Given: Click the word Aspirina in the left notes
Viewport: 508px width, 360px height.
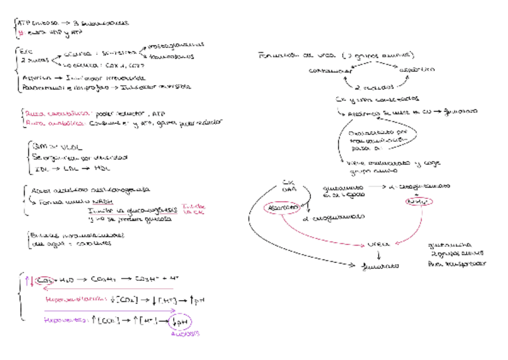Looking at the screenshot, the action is pos(35,78).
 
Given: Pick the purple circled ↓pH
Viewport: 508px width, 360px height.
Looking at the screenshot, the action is pos(179,321).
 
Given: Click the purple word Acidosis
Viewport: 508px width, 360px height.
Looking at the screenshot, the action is pos(186,334).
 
